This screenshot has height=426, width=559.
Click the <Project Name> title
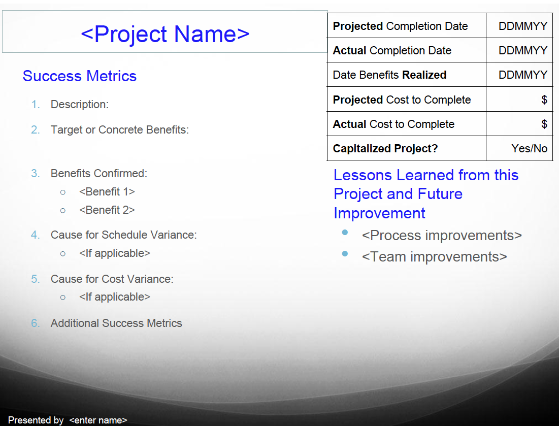click(x=165, y=34)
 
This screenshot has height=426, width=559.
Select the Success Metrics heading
click(x=80, y=76)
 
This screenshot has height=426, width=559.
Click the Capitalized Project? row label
click(x=385, y=148)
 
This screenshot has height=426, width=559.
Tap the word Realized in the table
click(x=424, y=75)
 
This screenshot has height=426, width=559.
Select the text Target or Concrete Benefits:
click(x=120, y=130)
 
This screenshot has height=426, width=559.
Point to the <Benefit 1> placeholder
click(x=107, y=192)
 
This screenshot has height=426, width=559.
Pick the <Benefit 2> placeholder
click(x=107, y=210)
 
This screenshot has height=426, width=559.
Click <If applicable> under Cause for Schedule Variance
click(x=115, y=253)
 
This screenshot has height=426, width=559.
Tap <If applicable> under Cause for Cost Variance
click(x=115, y=297)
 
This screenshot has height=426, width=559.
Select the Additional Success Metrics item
click(x=116, y=323)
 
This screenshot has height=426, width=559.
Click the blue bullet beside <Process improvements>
click(x=345, y=233)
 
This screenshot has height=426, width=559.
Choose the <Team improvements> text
click(x=434, y=257)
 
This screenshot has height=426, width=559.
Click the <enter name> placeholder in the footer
click(x=98, y=420)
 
